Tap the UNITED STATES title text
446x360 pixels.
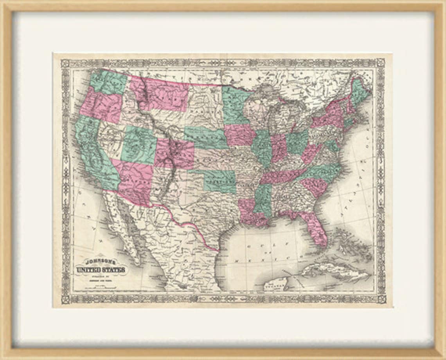tap(101, 270)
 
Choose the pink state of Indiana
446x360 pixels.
tap(279, 148)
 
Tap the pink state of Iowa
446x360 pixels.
tap(239, 135)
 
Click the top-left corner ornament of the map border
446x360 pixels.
tap(65, 63)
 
